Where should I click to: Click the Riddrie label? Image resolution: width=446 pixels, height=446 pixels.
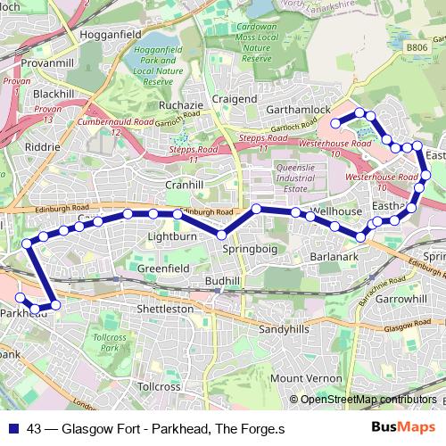(44, 146)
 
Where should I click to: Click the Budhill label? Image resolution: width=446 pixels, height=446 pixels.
(222, 281)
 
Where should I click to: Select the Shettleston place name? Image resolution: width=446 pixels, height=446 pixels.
(164, 309)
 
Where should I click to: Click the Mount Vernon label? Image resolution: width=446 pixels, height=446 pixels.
(305, 378)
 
